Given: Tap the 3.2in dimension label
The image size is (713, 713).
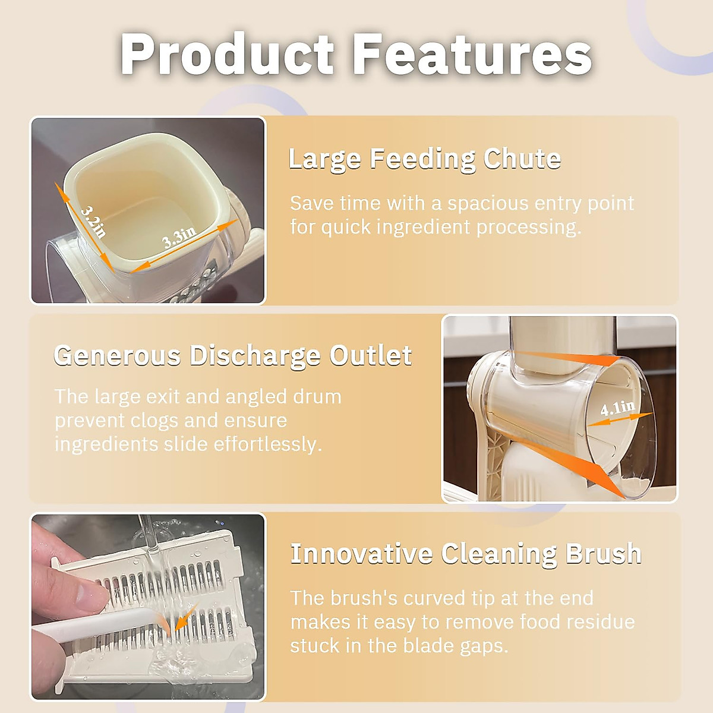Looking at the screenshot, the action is tap(93, 221).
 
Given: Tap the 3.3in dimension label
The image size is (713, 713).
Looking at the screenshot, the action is tap(179, 237).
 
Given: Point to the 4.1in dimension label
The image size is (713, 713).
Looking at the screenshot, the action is tap(617, 408).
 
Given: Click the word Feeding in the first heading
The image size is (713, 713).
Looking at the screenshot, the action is tap(422, 160).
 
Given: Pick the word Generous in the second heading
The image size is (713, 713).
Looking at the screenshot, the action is tap(118, 355).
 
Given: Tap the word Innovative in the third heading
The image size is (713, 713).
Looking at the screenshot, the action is tap(361, 554).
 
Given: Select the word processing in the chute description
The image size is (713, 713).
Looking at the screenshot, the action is tap(529, 228).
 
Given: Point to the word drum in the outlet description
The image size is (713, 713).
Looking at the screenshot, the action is tap(317, 397).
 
